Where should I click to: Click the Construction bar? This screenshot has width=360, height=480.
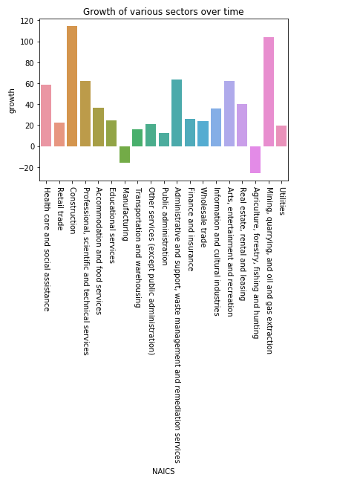tap(72, 86)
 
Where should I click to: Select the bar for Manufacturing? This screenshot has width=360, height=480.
tap(125, 155)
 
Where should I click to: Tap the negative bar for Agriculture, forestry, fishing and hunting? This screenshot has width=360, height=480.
tap(255, 160)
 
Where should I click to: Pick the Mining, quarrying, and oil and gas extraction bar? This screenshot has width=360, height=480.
tap(269, 92)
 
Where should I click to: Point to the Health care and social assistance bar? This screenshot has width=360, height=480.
tap(46, 115)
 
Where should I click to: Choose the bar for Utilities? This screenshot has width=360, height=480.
tap(281, 136)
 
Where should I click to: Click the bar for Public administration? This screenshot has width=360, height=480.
tap(164, 140)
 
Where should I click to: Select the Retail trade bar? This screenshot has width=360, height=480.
tap(59, 134)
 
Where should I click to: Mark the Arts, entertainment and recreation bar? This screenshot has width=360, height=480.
tap(229, 114)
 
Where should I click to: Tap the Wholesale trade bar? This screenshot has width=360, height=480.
tap(203, 134)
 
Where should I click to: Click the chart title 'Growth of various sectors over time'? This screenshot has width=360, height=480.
tap(163, 12)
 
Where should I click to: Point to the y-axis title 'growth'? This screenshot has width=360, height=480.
tap(12, 101)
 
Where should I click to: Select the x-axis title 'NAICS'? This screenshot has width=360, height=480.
tap(163, 471)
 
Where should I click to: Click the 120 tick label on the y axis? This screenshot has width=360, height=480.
tap(27, 21)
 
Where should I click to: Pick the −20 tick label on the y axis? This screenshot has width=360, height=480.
tap(26, 168)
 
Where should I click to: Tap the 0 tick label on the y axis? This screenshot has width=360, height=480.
tap(33, 146)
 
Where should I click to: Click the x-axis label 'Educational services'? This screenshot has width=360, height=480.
tap(112, 226)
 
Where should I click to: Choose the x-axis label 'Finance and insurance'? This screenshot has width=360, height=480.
tap(191, 230)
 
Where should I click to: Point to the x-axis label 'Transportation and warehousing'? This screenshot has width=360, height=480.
tap(138, 247)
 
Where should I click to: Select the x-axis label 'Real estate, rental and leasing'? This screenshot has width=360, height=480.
tap(243, 244)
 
